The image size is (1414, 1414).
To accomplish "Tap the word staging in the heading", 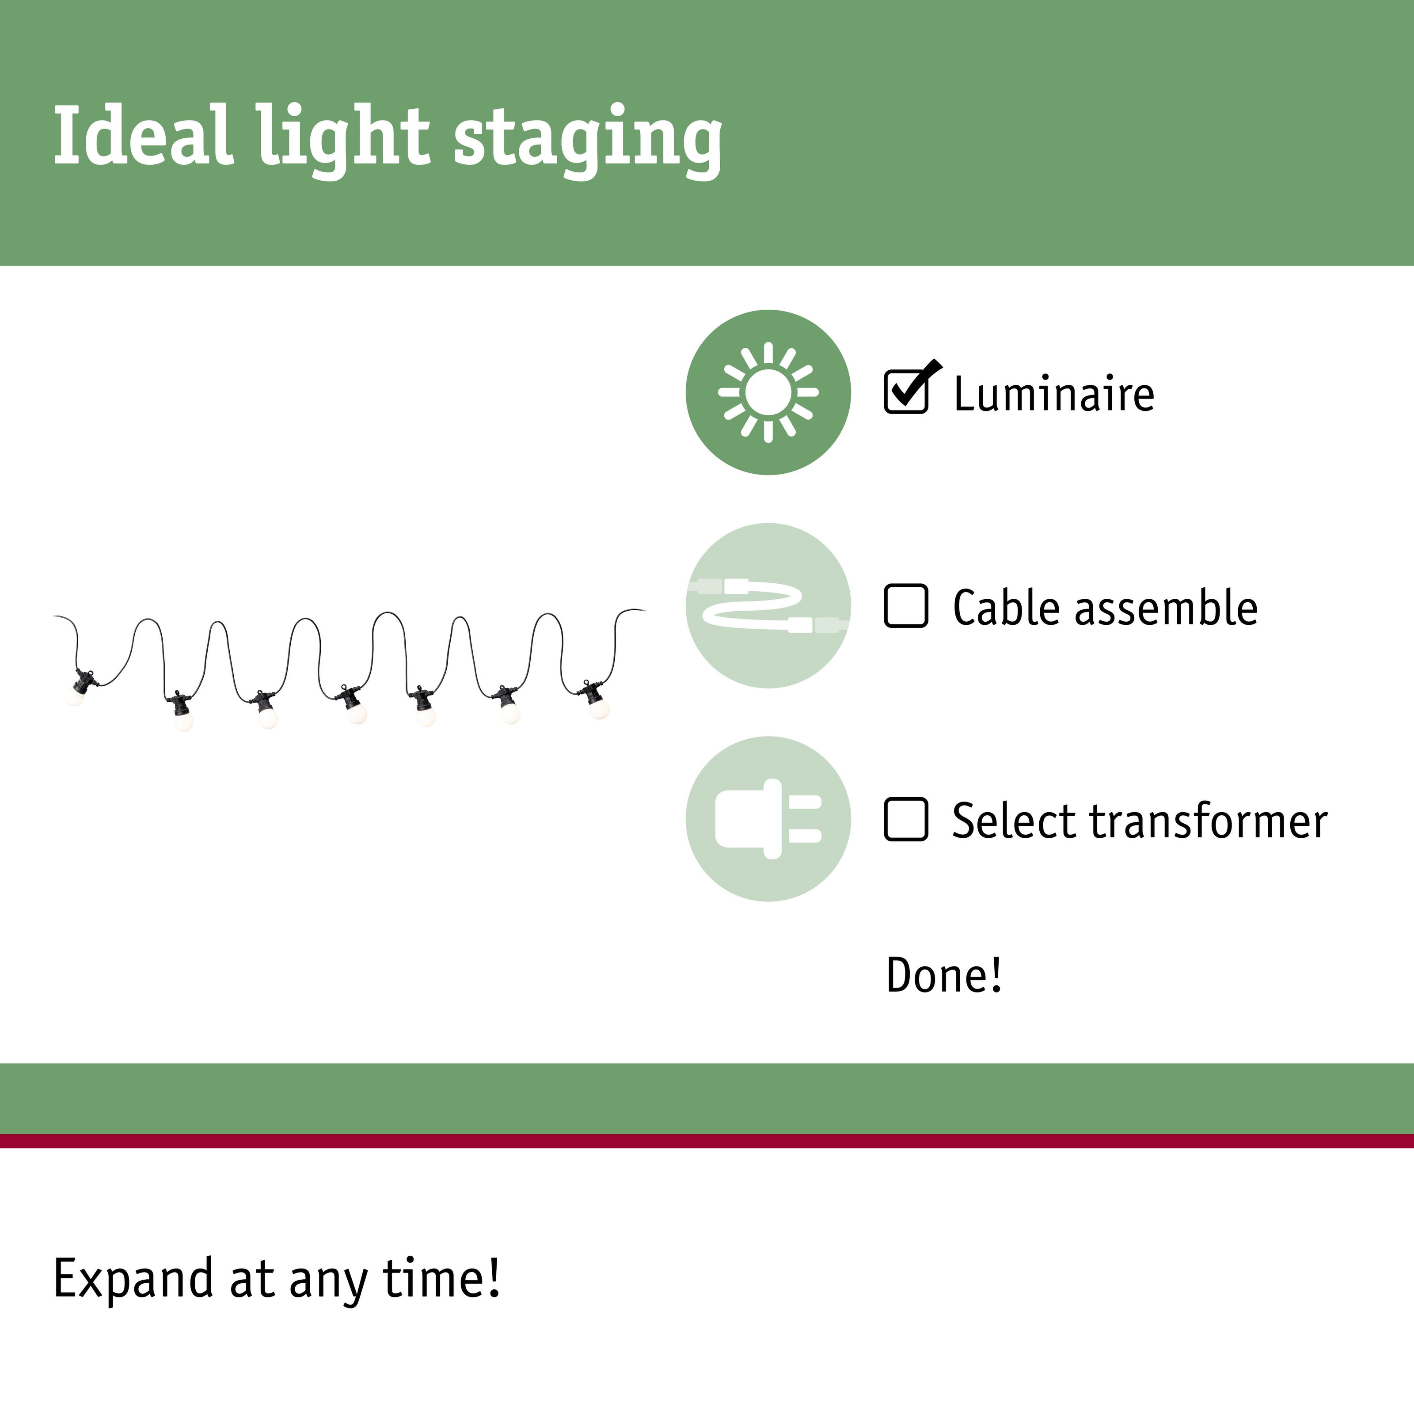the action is [x=588, y=141].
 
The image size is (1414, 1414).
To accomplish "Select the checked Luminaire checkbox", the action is [x=907, y=391].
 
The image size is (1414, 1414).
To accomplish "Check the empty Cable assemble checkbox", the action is [x=906, y=605].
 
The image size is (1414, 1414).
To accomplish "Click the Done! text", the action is [x=943, y=974].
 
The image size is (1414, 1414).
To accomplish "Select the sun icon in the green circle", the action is [x=768, y=392].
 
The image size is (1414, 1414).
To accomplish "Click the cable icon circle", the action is [x=768, y=605].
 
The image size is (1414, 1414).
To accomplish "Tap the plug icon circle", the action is [x=768, y=818].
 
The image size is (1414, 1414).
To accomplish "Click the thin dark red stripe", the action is [x=707, y=1140].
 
